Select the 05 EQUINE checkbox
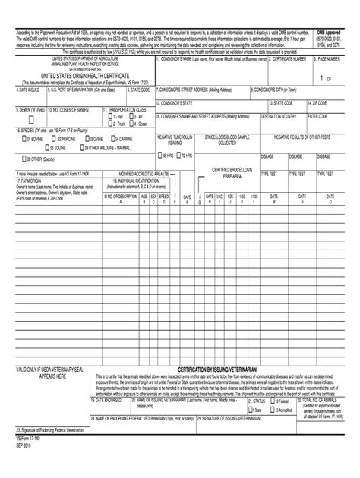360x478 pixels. click(24, 149)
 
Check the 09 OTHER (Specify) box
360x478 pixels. click(24, 159)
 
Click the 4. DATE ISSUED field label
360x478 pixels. click(30, 89)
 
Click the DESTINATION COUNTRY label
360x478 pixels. click(279, 117)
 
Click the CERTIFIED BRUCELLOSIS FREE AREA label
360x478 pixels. click(226, 172)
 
